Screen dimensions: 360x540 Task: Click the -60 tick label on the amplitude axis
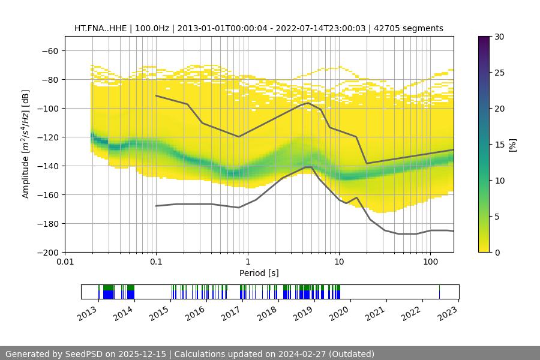[x=50, y=50]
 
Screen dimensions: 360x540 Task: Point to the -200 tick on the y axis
[x=47, y=252]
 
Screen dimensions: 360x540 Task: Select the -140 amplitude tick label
[x=47, y=166]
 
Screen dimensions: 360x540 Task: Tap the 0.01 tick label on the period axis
[x=65, y=262]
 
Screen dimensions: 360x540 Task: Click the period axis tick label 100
[x=430, y=262]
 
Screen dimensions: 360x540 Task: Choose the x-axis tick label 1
[x=247, y=262]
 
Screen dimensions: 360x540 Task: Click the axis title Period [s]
[x=259, y=273]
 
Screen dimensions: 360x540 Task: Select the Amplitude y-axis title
[x=26, y=144]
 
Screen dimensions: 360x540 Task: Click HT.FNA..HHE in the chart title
[x=100, y=28]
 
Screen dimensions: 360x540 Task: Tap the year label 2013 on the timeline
[x=88, y=312]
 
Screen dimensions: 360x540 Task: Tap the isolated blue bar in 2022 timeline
[x=439, y=292]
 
